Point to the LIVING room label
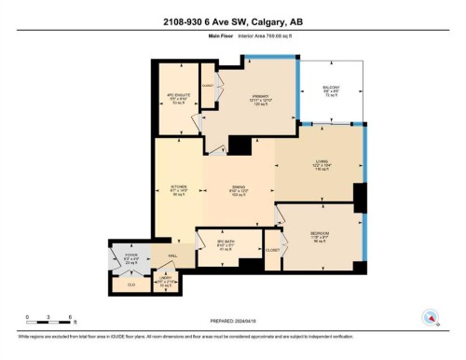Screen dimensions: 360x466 coord(321,162)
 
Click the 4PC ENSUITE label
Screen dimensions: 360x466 coord(176,96)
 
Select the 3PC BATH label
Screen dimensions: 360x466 coord(225,241)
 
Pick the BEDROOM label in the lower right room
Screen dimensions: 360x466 coord(320,235)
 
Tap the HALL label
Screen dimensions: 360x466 coord(172,256)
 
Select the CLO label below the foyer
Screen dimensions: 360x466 coord(130,281)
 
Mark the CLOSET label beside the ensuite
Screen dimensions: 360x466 coord(207,86)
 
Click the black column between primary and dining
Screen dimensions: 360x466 coord(240,145)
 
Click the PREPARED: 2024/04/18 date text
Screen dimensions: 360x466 coord(233,319)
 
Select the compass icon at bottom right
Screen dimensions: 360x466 coord(430,316)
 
